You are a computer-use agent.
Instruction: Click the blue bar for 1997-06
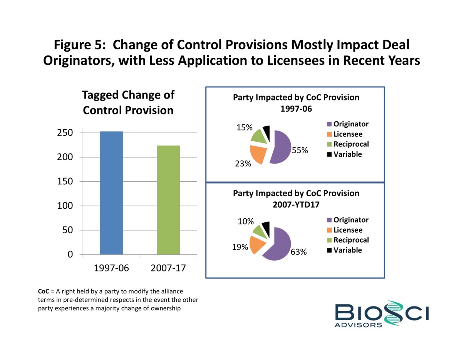pyautogui.click(x=111, y=193)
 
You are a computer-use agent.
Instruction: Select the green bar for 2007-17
pyautogui.click(x=168, y=200)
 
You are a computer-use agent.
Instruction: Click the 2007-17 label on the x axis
pyautogui.click(x=168, y=268)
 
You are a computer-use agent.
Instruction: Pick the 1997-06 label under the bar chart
pyautogui.click(x=111, y=268)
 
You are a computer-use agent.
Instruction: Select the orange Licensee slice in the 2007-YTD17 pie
pyautogui.click(x=258, y=244)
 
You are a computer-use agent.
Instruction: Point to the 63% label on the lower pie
pyautogui.click(x=299, y=253)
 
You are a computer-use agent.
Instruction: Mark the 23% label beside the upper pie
pyautogui.click(x=243, y=164)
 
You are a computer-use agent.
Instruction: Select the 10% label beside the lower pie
pyautogui.click(x=246, y=221)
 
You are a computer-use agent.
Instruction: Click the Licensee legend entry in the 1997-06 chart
pyautogui.click(x=347, y=134)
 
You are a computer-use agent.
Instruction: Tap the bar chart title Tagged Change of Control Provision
pyautogui.click(x=128, y=102)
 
